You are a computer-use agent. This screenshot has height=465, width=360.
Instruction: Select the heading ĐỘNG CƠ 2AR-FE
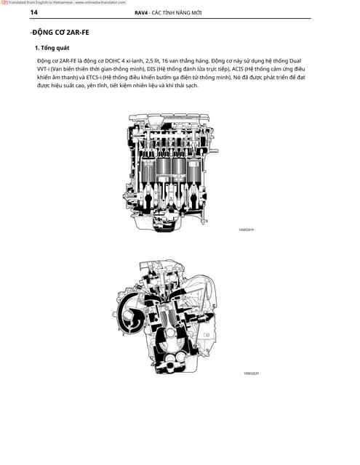tap(60, 33)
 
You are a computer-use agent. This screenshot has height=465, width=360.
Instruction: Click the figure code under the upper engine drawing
tap(247, 229)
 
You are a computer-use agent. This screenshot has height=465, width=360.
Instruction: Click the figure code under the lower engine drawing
tap(251, 373)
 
